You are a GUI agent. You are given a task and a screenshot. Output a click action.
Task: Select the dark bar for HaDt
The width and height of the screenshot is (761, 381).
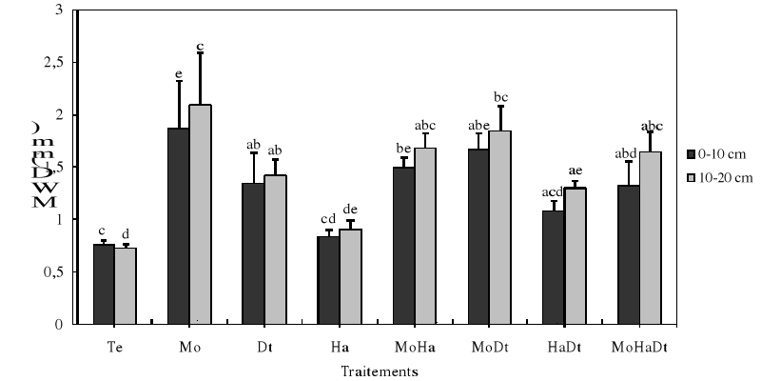tap(553, 267)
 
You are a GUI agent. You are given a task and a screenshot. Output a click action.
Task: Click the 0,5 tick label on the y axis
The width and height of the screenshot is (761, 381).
tap(56, 271)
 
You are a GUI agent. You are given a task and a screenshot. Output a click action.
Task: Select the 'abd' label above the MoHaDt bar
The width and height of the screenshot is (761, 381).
tap(627, 153)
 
